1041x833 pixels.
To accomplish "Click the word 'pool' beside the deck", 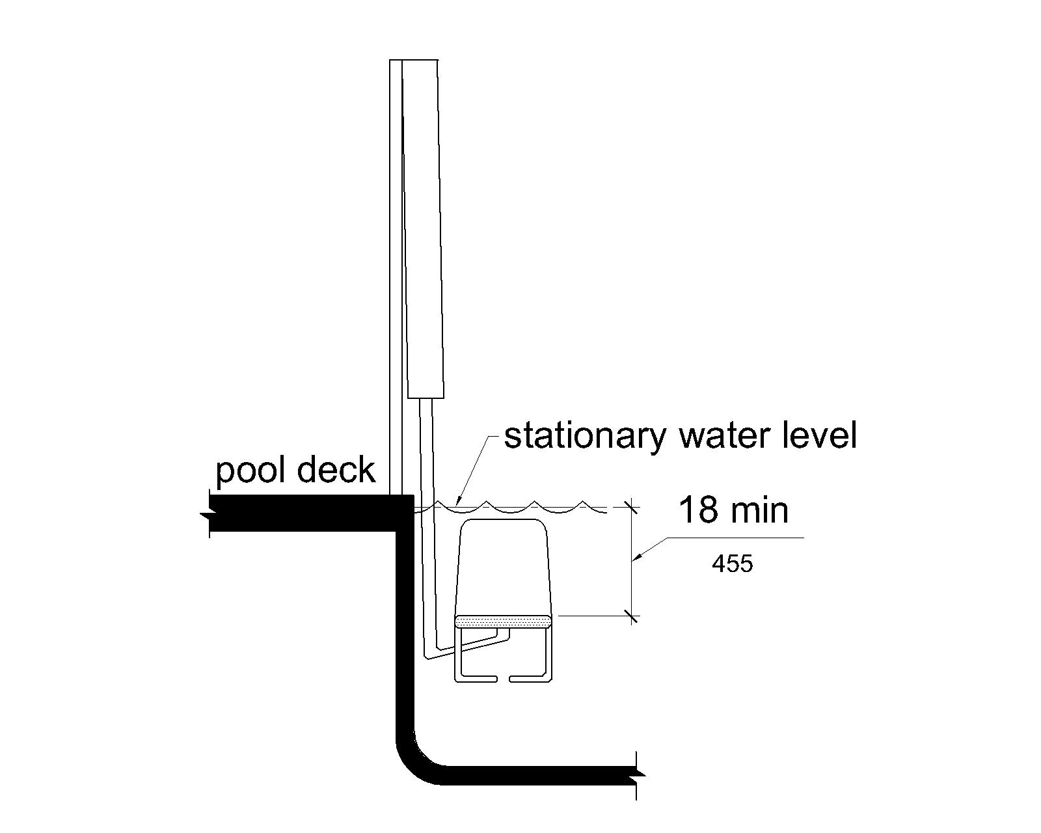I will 246,470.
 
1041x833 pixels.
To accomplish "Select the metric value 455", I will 732,564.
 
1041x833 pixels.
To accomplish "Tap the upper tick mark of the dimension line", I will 631,507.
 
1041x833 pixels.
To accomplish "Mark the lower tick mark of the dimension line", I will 631,615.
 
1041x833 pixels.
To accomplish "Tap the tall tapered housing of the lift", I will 424,228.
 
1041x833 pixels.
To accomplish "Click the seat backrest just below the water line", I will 503,566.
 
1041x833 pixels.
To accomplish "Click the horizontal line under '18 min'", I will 735,538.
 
